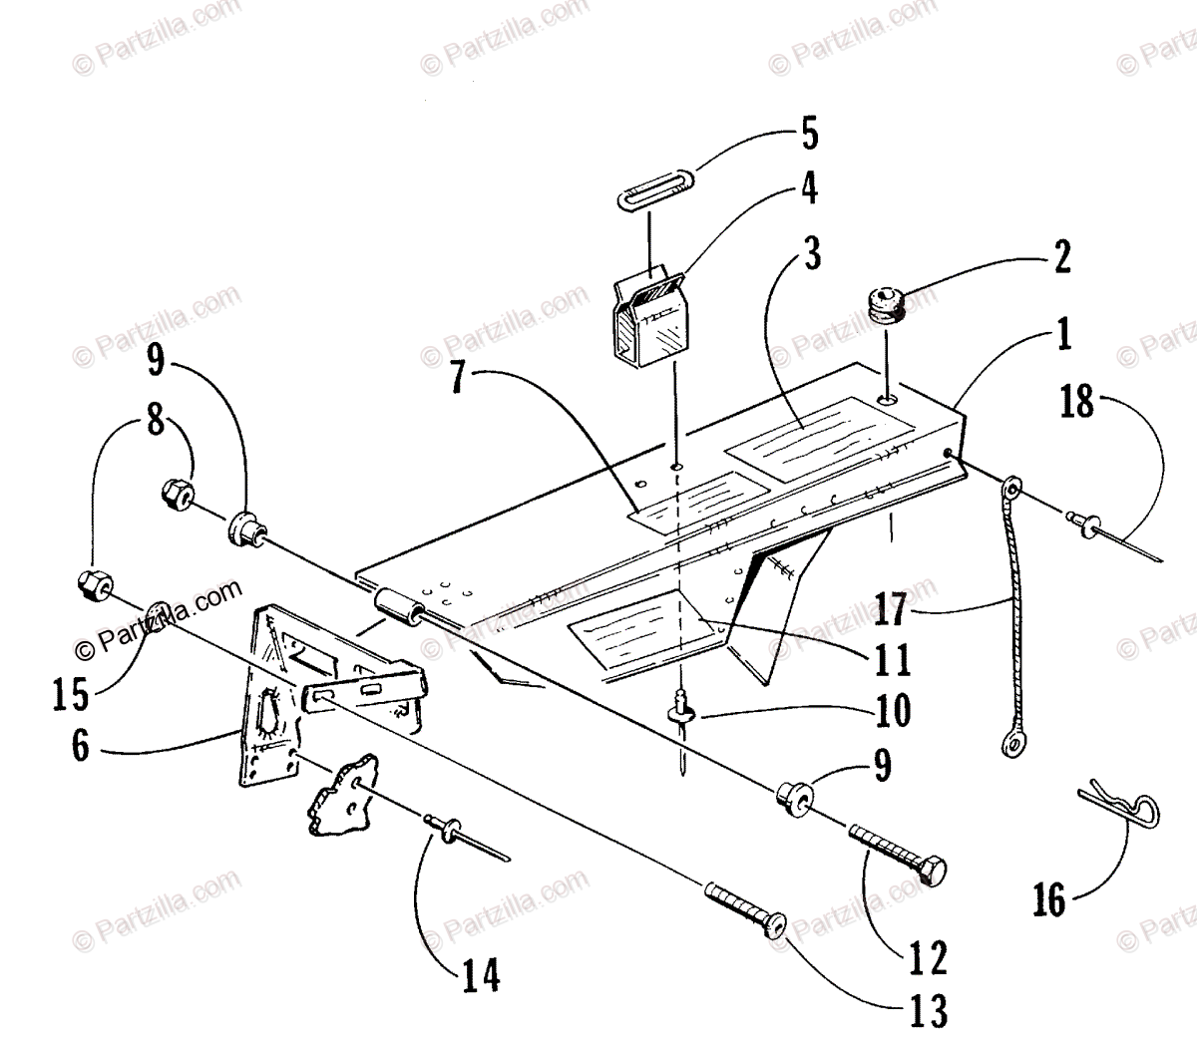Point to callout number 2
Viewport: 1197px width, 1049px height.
pos(1061,257)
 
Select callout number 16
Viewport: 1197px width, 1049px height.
pos(1050,901)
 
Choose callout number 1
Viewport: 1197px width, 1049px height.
pos(1062,335)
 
